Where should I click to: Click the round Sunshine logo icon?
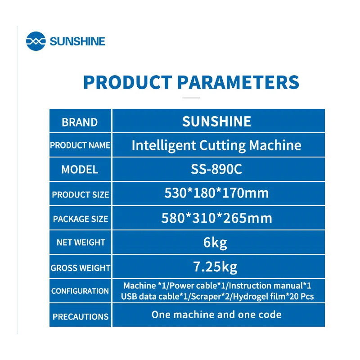pos(36,41)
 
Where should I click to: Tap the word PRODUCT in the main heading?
pos(128,82)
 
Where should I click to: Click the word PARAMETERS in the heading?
pos(238,82)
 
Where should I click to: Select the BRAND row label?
pos(80,122)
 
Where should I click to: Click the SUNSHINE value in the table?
pos(216,121)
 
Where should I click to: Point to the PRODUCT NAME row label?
pos(80,145)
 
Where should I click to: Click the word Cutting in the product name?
pos(222,145)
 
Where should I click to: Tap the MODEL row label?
pos(80,170)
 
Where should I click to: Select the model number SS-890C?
pos(216,169)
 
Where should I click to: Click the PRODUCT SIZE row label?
pos(81,195)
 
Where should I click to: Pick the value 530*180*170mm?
pos(216,193)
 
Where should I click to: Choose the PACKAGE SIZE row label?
pos(81,219)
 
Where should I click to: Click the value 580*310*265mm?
pos(216,218)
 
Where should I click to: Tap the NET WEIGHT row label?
pos(81,243)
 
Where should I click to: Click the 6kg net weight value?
pos(215,243)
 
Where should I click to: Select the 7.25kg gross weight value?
pos(215,267)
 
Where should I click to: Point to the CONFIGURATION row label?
pos(80,291)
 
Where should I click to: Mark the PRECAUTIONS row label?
pos(81,317)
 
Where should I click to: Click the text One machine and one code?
pos(216,315)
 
